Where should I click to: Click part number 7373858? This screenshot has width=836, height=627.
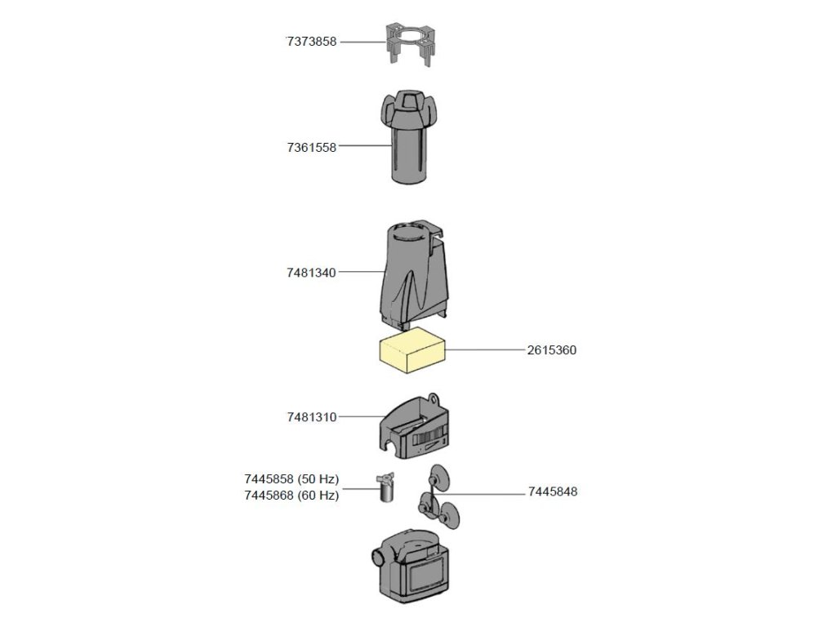pos(311,42)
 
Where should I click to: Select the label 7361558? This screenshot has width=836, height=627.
pos(311,148)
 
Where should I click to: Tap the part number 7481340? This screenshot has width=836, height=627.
pos(311,273)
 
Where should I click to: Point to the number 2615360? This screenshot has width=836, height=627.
pos(552,350)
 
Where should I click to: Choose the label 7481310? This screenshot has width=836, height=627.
pos(311,417)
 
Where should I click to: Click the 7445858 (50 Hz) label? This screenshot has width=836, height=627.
pos(291,479)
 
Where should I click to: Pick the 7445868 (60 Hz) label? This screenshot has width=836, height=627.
pos(291,495)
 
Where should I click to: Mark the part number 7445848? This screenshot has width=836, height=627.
pos(553,492)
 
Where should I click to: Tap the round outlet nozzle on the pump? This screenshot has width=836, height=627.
pos(379,558)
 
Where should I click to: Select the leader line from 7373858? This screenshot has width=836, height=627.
pos(361,42)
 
